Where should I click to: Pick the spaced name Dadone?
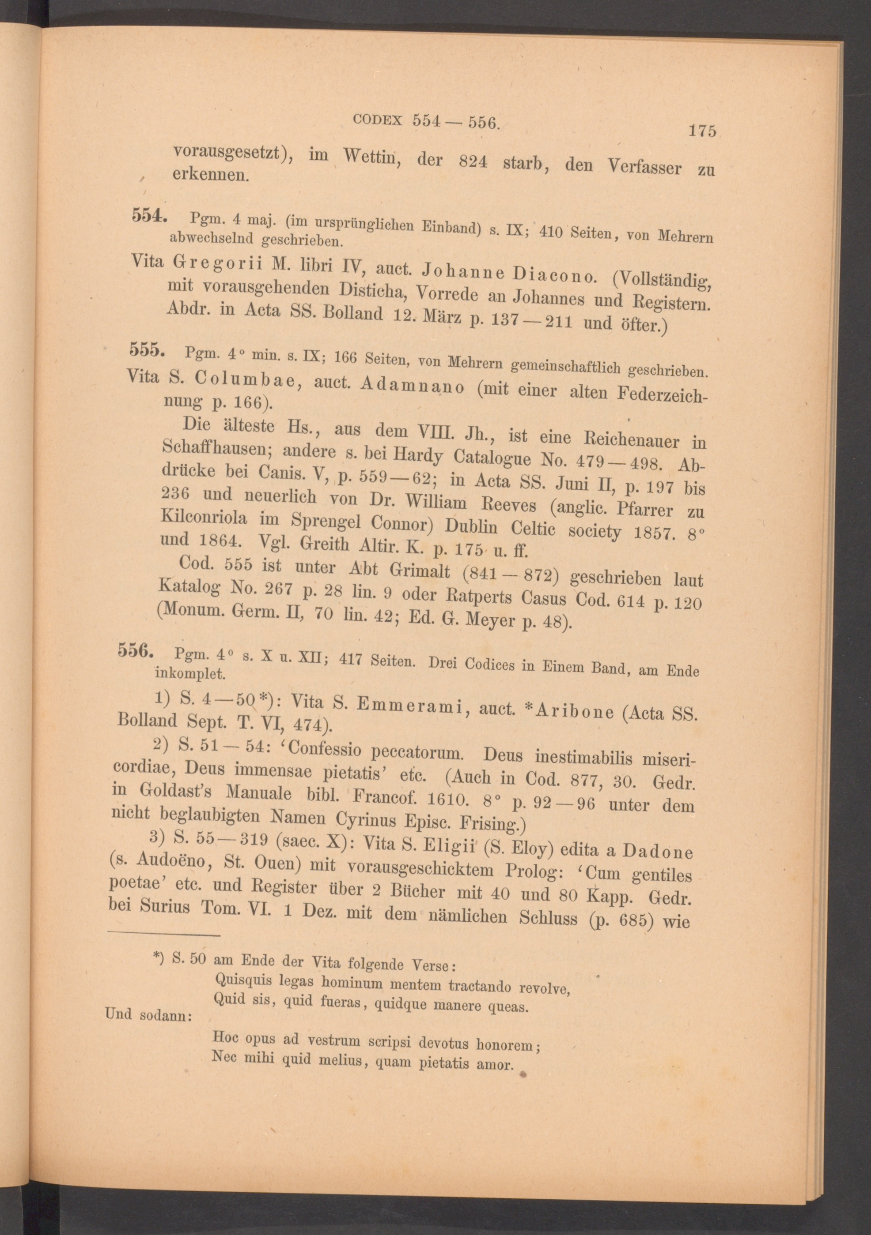[657, 851]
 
